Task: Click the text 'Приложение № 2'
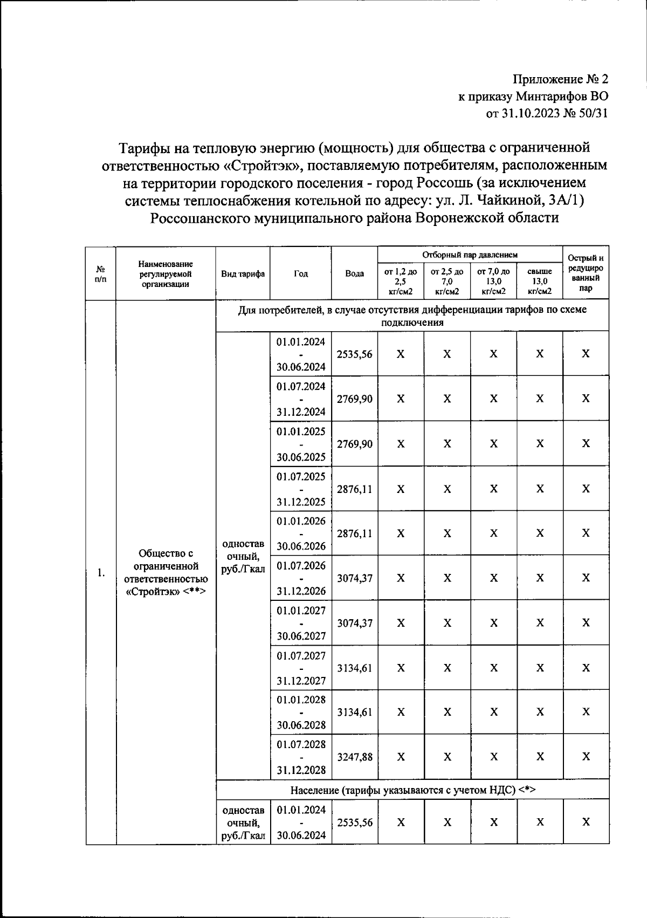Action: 560,80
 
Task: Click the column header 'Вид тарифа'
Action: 243,273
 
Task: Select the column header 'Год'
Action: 300,273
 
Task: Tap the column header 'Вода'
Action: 354,273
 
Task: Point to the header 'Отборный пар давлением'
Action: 470,254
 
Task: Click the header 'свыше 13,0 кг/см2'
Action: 539,281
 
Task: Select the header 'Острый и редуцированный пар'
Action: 586,273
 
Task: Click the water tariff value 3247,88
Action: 354,757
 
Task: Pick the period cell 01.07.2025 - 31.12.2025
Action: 300,489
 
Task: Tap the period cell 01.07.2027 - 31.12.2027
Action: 300,668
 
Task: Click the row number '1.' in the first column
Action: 101,573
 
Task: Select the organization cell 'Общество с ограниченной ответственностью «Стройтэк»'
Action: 166,572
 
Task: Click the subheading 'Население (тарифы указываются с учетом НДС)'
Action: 412,790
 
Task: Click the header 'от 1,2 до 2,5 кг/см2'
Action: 401,281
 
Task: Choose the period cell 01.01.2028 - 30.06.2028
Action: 300,712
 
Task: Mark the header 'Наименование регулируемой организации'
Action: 166,273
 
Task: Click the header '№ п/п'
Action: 101,273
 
